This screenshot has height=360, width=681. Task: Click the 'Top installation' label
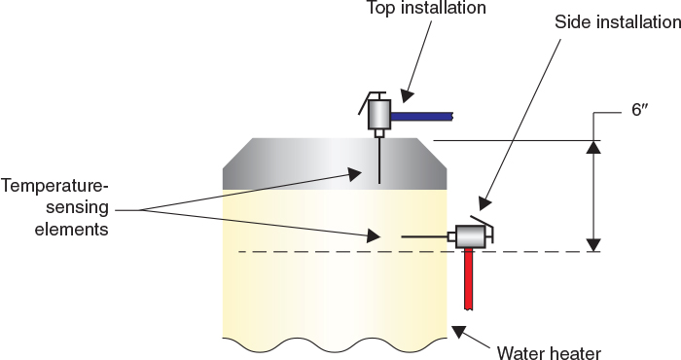coord(425,9)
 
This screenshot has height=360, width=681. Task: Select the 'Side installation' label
coord(617,21)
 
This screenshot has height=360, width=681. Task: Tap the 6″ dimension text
coord(639,111)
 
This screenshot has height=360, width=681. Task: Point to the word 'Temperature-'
coord(54,185)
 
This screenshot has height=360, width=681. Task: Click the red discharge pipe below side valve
coord(469,277)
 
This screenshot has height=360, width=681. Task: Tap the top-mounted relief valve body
coord(378,115)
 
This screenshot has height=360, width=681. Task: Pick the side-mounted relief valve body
coord(471,236)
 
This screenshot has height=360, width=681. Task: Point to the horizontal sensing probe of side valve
coord(424,236)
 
